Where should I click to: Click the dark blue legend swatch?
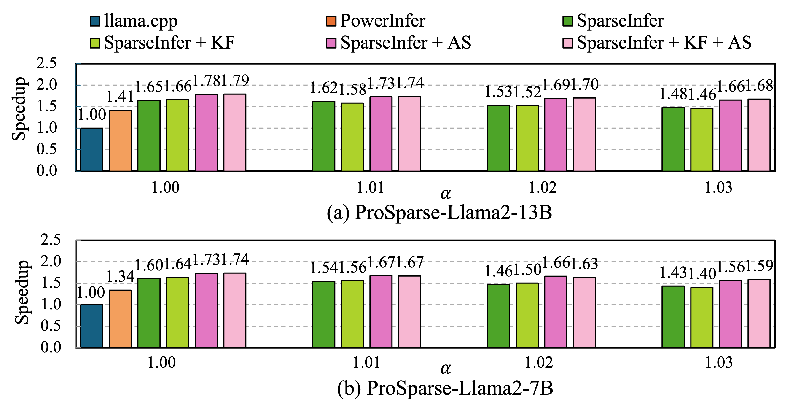[x=95, y=21]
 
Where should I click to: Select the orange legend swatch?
[x=331, y=21]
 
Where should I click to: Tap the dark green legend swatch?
[x=568, y=21]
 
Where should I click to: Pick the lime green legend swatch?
[x=95, y=43]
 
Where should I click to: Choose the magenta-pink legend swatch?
[x=331, y=43]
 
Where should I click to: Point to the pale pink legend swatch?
[x=568, y=43]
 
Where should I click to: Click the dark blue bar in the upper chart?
[x=91, y=150]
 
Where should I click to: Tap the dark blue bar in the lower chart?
[x=91, y=326]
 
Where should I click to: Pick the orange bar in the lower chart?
[x=120, y=319]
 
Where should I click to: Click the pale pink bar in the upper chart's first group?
[x=235, y=132]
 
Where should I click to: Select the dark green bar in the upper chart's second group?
[x=324, y=136]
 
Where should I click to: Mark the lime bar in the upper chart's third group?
[x=527, y=138]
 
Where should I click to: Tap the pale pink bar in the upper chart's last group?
[x=759, y=135]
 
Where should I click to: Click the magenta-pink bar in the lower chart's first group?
[x=206, y=310]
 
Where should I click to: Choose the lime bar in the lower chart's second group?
[x=352, y=314]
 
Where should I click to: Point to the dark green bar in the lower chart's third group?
[x=498, y=316]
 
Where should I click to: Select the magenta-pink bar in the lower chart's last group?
[x=730, y=314]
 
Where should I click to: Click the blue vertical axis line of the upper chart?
[x=76, y=117]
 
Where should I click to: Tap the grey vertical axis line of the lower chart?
[x=76, y=294]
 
